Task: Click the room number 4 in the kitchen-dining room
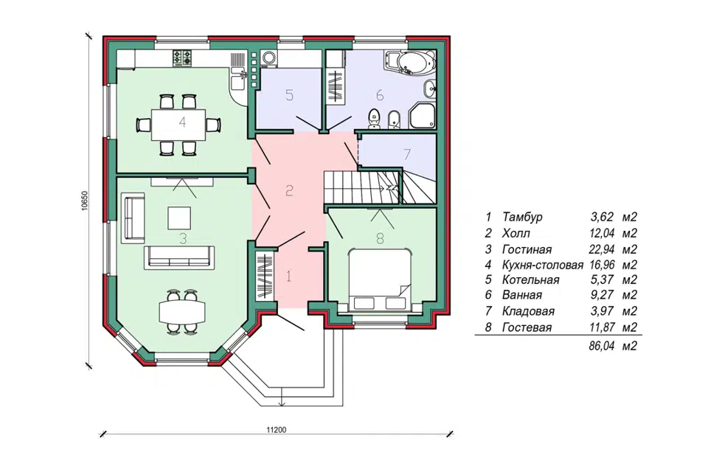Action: [x=182, y=122]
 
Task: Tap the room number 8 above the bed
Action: [x=381, y=238]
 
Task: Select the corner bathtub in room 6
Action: [x=410, y=62]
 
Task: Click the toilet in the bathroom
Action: [x=374, y=118]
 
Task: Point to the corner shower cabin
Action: [x=423, y=115]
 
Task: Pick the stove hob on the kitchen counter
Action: [x=182, y=58]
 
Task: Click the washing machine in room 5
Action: [x=270, y=58]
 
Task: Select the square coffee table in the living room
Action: [x=179, y=218]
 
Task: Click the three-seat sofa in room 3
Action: [x=179, y=257]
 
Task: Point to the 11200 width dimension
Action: [x=277, y=429]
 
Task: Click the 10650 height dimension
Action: [x=86, y=201]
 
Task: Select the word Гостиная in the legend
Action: [x=527, y=249]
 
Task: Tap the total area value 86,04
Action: [x=602, y=347]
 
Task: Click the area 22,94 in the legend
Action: [x=602, y=249]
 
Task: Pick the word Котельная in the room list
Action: [x=530, y=280]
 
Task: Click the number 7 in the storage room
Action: [x=407, y=154]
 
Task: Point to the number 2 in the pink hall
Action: [x=289, y=190]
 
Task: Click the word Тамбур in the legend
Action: [x=522, y=217]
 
